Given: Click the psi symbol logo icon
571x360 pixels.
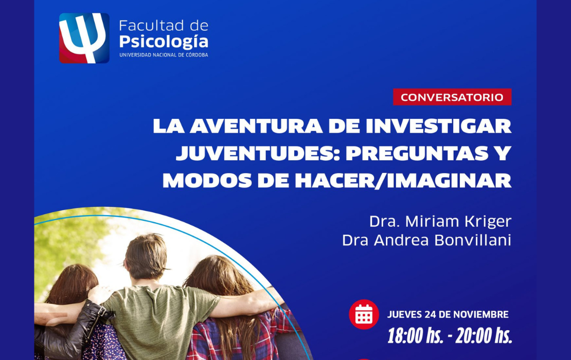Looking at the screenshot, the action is pos(84,38).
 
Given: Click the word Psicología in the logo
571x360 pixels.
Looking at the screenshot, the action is pos(164,42).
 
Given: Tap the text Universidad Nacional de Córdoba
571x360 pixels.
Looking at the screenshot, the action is pos(164,55).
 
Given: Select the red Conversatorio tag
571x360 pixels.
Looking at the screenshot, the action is pos(452,97).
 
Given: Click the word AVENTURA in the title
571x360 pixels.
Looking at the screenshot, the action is pos(256,127).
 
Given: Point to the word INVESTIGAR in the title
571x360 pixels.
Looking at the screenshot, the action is pos(438,127).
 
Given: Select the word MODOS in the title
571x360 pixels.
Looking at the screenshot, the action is pos(207,181).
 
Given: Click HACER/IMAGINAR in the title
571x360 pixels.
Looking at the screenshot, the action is pos(403,181).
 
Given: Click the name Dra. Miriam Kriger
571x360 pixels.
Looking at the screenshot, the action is pos(441,221).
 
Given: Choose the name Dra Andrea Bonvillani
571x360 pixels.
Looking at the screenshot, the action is pos(427,240).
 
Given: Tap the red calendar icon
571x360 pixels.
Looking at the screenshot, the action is pos(364,314).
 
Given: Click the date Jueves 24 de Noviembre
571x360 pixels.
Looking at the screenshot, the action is pos(448,315).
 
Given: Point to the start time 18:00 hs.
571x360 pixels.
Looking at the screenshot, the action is pos(415,335).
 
